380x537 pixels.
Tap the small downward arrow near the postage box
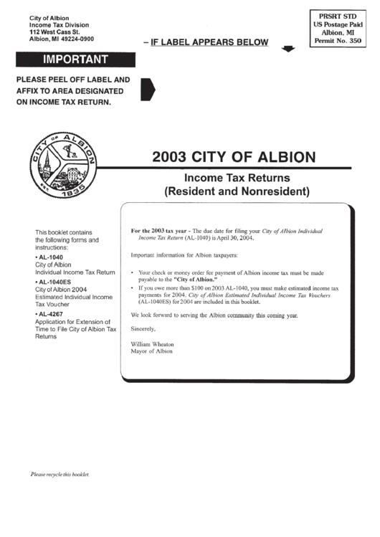pos(288,49)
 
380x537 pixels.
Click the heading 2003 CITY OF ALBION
pos(232,156)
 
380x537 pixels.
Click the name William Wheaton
pos(152,344)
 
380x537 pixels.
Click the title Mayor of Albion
pos(152,351)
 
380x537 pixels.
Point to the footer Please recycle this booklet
pos(60,475)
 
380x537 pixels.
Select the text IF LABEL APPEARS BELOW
pos(209,42)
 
